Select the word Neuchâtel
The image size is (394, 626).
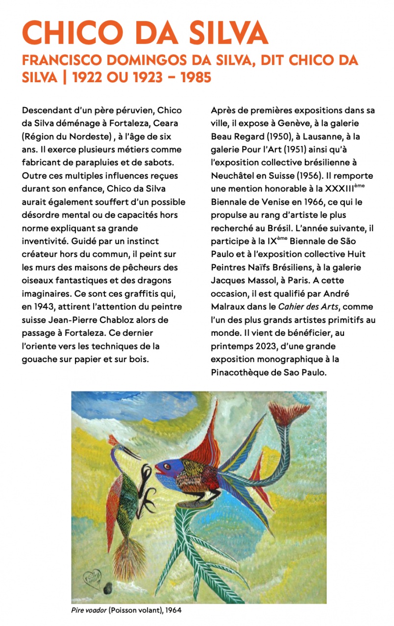(x=235, y=175)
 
